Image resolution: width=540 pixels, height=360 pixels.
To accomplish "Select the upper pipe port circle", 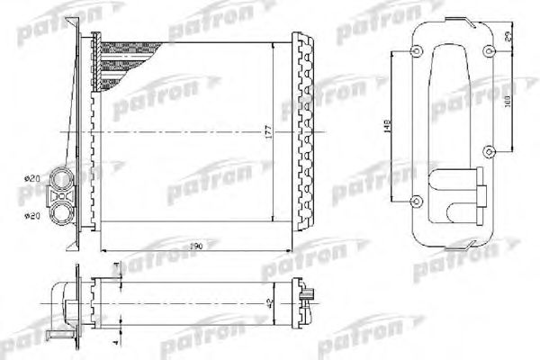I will point(62,178).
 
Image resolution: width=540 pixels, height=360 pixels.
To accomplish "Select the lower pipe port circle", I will point(62,212).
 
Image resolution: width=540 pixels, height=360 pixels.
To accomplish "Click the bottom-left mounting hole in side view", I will point(416,200).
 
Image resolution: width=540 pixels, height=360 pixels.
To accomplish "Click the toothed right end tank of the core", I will point(304,126).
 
